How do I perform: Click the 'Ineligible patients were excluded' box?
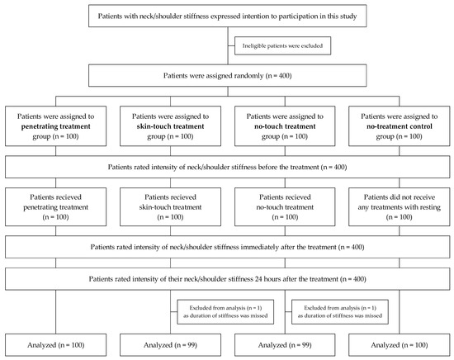pos(282,45)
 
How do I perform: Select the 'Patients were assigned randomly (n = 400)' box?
pos(228,76)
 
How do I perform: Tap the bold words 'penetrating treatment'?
pos(56,126)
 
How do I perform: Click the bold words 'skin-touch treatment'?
pos(170,126)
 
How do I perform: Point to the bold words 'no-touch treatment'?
pos(285,126)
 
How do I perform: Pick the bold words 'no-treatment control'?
pos(400,126)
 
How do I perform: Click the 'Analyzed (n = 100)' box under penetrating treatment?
pos(55,345)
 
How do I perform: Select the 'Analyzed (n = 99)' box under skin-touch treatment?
pos(170,345)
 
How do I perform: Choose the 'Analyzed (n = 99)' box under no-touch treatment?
pos(285,345)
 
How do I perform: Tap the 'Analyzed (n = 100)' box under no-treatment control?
pos(400,345)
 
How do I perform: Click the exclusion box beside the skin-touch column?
pos(225,312)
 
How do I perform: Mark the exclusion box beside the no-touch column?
pos(340,312)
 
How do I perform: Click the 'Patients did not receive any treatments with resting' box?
pos(400,206)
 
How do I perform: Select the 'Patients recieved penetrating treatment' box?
pos(55,206)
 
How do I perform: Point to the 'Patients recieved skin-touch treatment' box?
pos(170,206)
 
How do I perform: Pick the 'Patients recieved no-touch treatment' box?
pos(285,206)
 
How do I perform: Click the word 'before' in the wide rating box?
pos(267,167)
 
